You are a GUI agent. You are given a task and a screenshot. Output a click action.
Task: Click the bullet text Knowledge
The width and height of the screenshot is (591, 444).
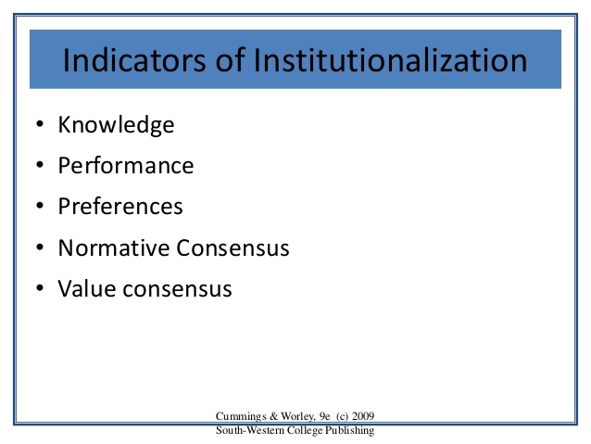click(116, 125)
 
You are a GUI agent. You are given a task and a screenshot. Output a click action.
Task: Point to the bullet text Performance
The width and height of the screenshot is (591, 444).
click(126, 166)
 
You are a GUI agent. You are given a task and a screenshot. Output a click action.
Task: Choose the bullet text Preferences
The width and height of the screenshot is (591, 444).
click(120, 207)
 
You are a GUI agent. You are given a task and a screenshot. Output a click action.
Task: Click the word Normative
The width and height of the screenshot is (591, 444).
click(113, 247)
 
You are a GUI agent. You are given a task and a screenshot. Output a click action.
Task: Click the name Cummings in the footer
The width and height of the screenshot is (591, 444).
click(242, 415)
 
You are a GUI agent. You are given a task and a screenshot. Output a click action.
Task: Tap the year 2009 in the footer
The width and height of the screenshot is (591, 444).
click(361, 415)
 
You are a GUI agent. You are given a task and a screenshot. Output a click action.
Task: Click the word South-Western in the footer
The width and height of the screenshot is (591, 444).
click(249, 429)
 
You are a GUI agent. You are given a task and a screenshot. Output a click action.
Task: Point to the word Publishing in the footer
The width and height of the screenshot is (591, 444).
click(349, 429)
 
